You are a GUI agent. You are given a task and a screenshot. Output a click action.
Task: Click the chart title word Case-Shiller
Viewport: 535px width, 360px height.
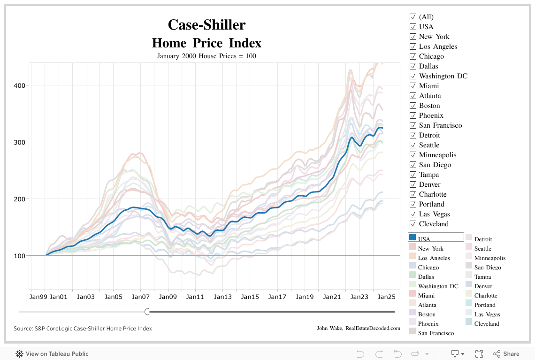coord(206,24)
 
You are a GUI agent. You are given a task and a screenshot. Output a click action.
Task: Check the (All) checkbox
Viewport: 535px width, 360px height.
coord(413,17)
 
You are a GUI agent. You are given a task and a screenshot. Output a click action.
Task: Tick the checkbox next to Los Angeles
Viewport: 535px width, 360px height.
coord(413,46)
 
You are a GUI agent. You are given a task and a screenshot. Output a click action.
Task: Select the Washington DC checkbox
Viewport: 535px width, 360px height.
coord(413,76)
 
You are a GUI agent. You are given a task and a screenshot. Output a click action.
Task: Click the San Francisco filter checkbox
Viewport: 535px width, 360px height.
coord(413,125)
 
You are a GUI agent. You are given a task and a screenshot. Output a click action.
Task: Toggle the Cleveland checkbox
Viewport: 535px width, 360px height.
coord(413,224)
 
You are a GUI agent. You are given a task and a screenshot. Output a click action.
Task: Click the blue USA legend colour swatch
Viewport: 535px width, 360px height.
coord(413,237)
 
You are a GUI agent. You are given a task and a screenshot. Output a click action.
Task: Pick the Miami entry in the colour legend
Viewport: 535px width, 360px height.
coord(426,295)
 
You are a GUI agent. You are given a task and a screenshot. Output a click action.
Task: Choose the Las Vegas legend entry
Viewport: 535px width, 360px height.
coord(487,314)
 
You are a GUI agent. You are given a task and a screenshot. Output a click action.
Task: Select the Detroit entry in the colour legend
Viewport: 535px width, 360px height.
coord(483,239)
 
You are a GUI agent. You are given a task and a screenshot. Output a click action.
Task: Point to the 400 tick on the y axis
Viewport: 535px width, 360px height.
coord(19,85)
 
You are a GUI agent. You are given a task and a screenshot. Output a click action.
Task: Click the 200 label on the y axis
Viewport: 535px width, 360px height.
coord(19,199)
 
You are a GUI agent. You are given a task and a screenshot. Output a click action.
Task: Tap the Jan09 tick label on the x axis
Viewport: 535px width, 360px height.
coord(168,297)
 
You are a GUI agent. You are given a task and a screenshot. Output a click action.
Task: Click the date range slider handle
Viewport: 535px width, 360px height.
coord(147,312)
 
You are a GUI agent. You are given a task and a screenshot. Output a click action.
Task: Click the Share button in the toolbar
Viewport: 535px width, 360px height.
coord(506,354)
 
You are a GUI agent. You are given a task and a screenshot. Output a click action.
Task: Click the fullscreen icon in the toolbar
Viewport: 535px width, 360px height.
coord(479,354)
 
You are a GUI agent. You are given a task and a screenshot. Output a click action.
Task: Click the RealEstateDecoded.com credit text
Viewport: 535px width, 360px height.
coord(373,328)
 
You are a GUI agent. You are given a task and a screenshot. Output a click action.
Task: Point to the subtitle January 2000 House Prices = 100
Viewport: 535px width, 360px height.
coord(206,56)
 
